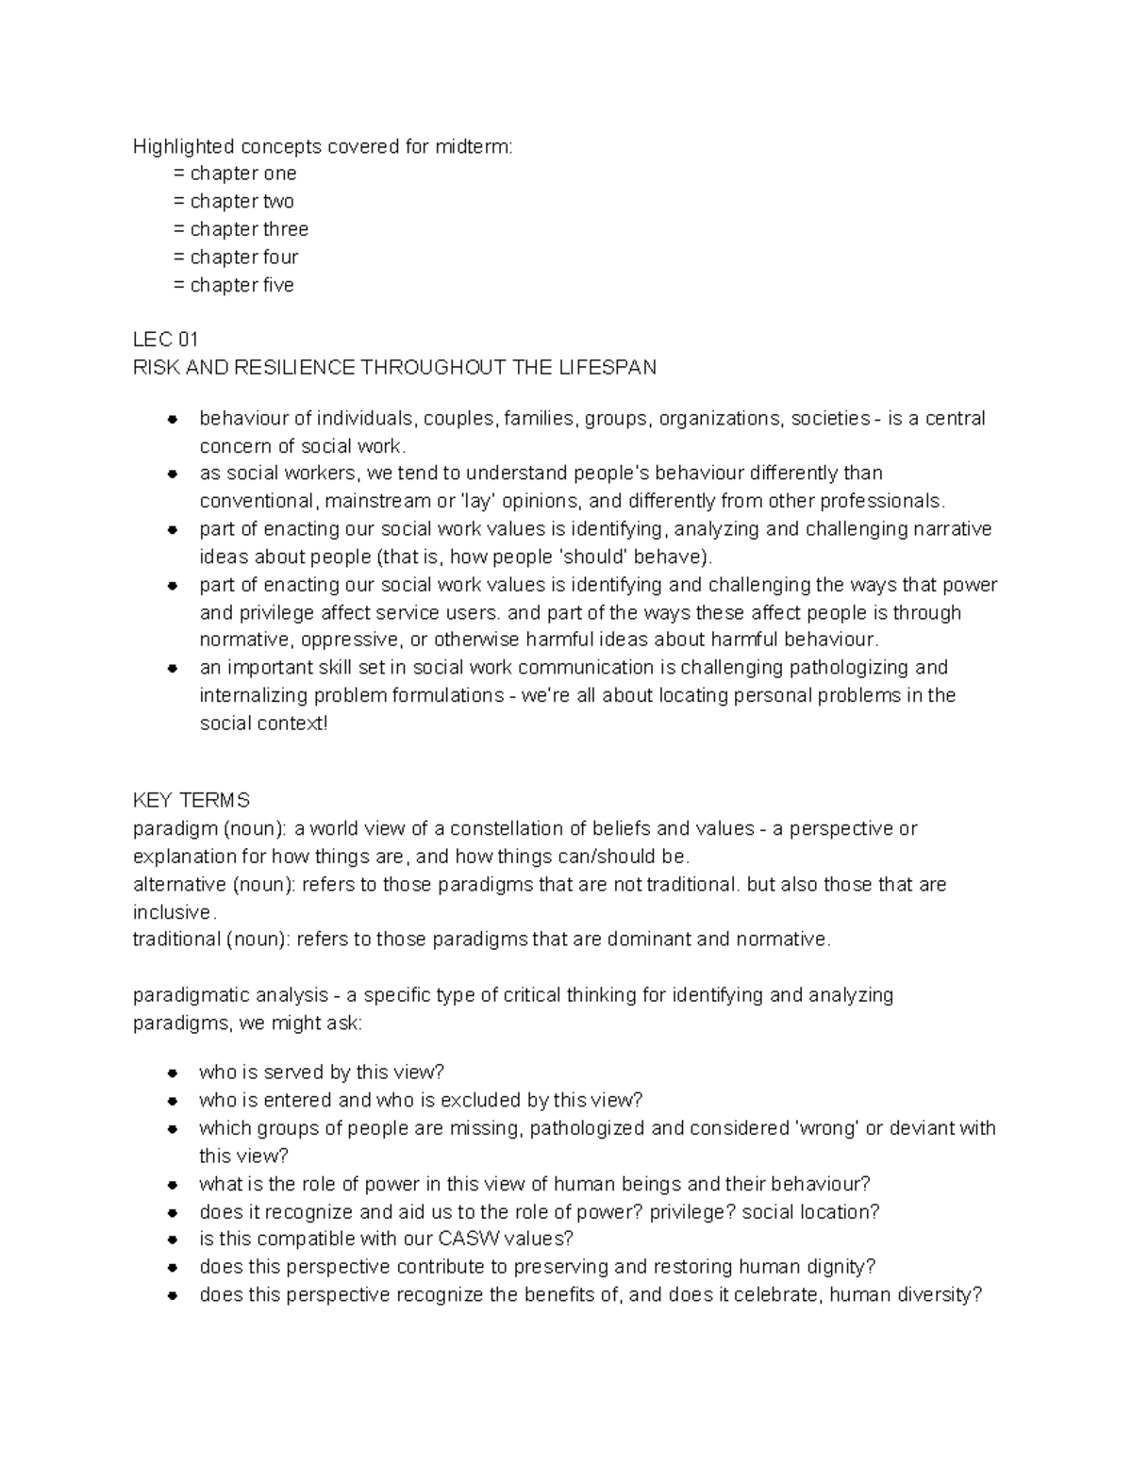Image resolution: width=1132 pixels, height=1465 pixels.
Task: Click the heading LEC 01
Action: click(165, 340)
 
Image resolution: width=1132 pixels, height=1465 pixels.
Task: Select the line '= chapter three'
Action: click(241, 229)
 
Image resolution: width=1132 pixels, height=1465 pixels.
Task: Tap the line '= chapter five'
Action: click(233, 285)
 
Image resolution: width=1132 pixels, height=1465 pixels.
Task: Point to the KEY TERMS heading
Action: click(191, 801)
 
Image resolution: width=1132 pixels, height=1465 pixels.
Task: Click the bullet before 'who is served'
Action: click(173, 1074)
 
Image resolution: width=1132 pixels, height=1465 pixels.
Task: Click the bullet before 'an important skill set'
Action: click(173, 669)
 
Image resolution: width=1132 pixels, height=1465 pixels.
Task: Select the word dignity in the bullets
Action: click(838, 1267)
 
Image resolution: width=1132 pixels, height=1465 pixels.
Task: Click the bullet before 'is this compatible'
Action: click(173, 1240)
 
